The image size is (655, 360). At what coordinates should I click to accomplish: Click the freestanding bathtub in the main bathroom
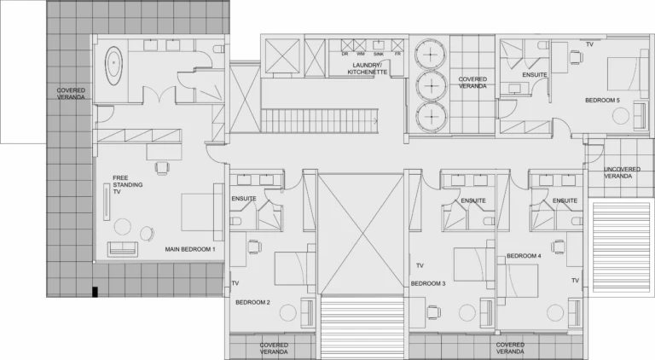(113, 66)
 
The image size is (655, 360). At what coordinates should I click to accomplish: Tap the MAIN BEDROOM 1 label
(190, 249)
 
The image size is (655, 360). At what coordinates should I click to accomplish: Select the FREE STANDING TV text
(127, 184)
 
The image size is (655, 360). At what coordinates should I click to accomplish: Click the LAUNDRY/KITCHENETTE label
(368, 68)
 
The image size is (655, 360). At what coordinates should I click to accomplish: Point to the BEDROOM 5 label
(602, 100)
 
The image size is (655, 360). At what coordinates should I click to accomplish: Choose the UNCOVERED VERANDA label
(622, 172)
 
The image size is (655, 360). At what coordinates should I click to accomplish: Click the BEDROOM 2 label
(252, 302)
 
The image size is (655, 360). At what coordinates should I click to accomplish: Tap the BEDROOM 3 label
(428, 283)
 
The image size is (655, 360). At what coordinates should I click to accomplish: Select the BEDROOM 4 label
(524, 256)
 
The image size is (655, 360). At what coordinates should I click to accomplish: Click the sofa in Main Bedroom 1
(123, 249)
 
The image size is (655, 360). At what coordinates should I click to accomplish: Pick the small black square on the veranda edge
(95, 292)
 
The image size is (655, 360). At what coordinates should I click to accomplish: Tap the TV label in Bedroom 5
(589, 44)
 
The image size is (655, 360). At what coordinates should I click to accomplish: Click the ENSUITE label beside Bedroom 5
(535, 75)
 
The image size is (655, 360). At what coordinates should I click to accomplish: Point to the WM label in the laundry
(361, 54)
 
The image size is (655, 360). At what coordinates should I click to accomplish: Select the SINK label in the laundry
(379, 54)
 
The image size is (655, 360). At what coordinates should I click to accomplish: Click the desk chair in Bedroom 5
(576, 57)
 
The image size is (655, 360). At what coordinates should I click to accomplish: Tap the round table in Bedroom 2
(287, 313)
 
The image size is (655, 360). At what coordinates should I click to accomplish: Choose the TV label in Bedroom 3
(420, 265)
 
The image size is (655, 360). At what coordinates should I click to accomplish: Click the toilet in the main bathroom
(218, 49)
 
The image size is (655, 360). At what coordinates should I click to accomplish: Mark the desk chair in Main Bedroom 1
(162, 168)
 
